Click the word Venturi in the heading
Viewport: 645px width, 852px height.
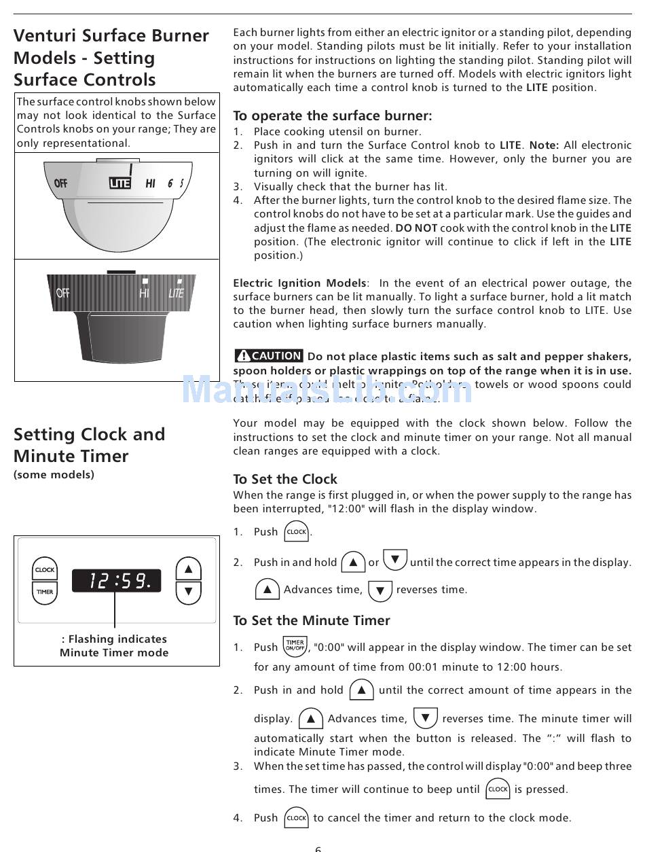44,36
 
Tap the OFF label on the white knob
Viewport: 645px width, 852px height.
60,183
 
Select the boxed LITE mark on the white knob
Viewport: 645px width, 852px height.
119,183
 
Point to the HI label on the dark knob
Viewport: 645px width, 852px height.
144,293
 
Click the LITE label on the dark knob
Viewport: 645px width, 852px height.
176,293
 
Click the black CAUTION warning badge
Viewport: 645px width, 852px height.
269,356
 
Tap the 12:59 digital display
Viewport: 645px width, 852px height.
117,581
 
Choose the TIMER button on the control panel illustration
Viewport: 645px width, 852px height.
45,592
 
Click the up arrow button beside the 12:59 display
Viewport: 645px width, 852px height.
188,569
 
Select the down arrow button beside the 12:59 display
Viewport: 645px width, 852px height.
188,592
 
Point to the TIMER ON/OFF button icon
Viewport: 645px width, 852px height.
295,645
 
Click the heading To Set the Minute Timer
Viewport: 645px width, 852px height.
312,620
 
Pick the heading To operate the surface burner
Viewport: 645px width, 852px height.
332,116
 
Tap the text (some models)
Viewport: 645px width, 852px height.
54,475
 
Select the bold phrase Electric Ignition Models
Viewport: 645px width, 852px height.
299,283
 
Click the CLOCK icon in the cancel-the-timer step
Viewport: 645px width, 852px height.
297,818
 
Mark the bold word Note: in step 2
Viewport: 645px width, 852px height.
545,145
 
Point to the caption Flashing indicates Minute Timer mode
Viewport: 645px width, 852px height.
114,646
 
